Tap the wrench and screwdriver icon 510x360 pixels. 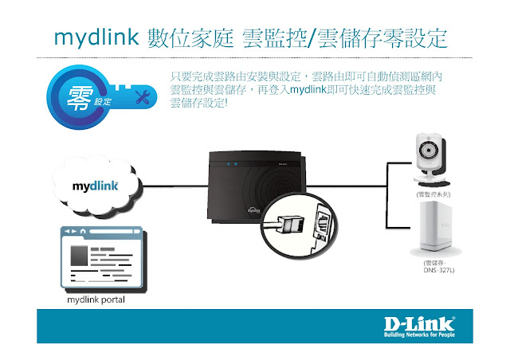(x=144, y=98)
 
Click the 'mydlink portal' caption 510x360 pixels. (x=96, y=303)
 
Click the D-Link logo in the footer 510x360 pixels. (x=419, y=324)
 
